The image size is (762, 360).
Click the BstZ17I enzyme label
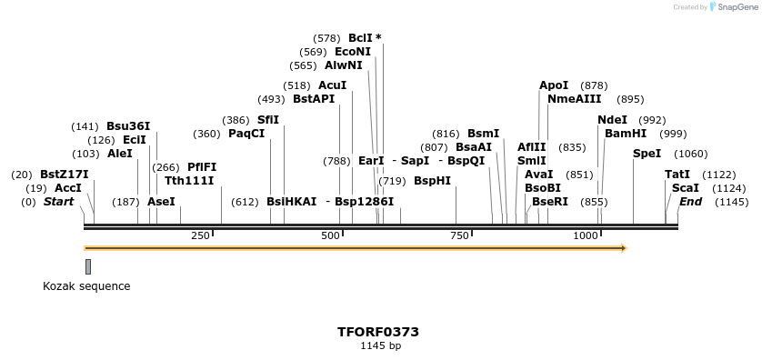click(x=64, y=175)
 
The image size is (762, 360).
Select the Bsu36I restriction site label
click(x=128, y=126)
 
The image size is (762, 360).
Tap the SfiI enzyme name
click(x=267, y=120)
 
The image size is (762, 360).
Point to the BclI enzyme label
click(x=360, y=38)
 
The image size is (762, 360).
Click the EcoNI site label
click(x=353, y=52)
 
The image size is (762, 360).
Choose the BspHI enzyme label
click(x=432, y=181)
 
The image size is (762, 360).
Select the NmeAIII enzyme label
click(x=574, y=99)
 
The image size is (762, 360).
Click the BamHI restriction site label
click(x=626, y=134)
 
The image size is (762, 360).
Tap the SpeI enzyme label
click(x=647, y=154)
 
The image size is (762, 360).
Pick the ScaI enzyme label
click(x=685, y=188)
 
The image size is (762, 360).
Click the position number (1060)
click(x=691, y=154)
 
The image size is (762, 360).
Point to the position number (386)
click(x=236, y=120)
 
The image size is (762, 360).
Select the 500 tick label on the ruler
click(x=330, y=235)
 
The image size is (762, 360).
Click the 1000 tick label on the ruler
click(x=585, y=235)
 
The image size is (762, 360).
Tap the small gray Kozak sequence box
click(x=88, y=266)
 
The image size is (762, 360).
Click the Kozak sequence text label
click(x=86, y=286)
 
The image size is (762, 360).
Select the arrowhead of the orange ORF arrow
click(x=623, y=247)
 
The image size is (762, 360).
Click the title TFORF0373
click(x=377, y=332)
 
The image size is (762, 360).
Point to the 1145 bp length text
click(x=380, y=345)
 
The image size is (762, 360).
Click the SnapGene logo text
click(x=737, y=7)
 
